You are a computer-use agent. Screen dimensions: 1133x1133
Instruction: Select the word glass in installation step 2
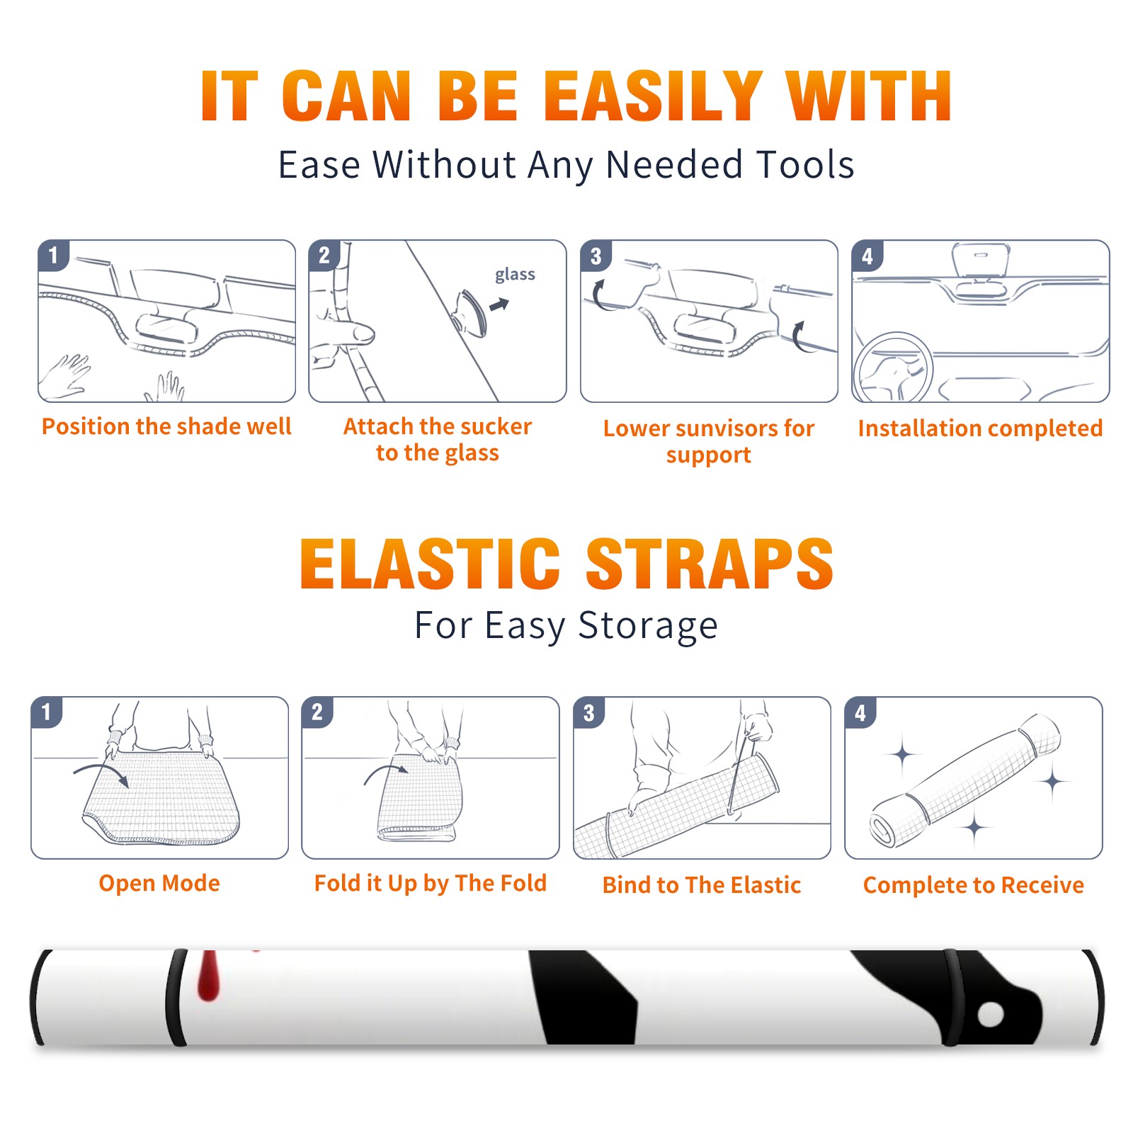(515, 274)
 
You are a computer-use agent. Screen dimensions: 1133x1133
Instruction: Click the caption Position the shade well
(166, 426)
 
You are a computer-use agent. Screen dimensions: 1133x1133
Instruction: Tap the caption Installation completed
(980, 428)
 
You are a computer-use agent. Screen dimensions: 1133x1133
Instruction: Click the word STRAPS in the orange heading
(710, 564)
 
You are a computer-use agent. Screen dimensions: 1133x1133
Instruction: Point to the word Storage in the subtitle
(648, 625)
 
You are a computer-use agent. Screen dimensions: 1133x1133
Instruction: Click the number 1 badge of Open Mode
(47, 712)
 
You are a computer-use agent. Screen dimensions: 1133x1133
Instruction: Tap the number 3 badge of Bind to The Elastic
(589, 712)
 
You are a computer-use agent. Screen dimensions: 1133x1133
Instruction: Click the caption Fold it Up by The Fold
(430, 883)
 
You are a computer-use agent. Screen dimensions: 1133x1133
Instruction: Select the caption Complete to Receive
(973, 884)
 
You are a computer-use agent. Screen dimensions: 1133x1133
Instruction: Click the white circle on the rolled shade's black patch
(991, 1014)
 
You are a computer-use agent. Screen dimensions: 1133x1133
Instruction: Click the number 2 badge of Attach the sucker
(324, 256)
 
